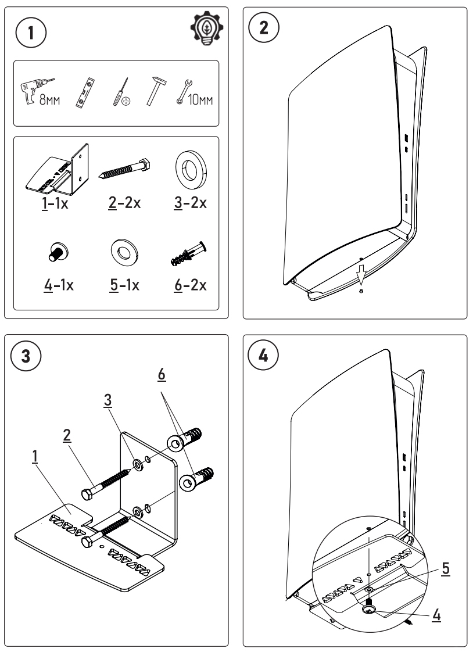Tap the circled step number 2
pyautogui.click(x=264, y=30)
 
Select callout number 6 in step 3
pyautogui.click(x=162, y=376)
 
